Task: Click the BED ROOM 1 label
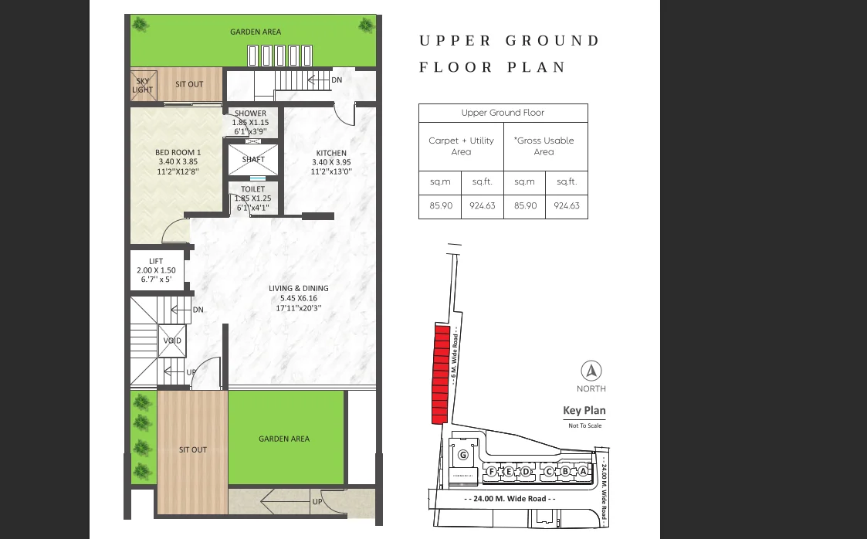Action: coord(178,153)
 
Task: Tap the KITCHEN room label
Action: coord(331,153)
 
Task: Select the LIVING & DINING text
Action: coord(293,289)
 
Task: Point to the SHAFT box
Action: coord(253,160)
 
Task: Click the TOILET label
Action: coord(253,189)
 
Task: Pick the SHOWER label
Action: coord(251,114)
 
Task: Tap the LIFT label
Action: coord(156,262)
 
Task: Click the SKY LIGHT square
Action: coord(143,84)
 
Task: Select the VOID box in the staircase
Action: coord(173,341)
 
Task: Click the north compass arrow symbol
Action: coord(591,371)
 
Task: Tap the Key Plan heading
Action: coord(584,411)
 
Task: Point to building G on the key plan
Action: coord(463,455)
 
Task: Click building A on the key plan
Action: coord(582,470)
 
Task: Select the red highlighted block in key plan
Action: coord(440,375)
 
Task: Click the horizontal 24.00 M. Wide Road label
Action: coord(510,499)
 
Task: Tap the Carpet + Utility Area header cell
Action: coord(461,146)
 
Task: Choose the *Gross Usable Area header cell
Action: coord(545,146)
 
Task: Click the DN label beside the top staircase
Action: coord(337,80)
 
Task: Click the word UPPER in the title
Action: coord(455,41)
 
